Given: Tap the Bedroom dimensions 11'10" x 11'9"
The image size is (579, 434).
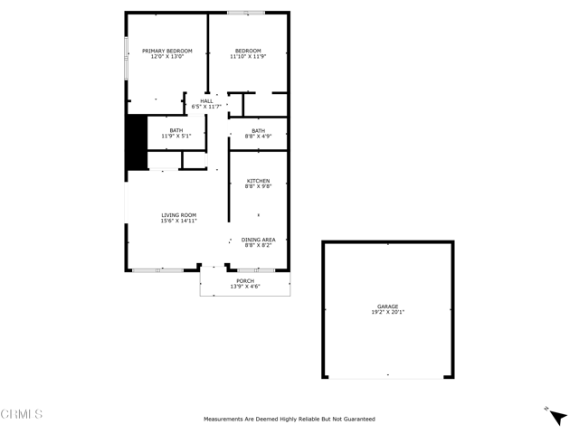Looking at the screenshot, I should (248, 57).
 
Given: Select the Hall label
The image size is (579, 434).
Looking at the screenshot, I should (206, 100).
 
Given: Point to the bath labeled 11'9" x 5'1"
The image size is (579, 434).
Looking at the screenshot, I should (176, 137).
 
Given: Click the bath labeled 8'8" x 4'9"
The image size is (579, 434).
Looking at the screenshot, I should (258, 131).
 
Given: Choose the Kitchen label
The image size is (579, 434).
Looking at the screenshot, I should (258, 181).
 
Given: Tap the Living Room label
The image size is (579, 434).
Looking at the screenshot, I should (178, 214).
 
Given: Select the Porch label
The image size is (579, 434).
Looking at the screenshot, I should (245, 280).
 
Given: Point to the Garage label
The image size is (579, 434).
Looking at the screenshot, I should (387, 306).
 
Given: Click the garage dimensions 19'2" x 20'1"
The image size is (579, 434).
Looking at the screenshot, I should (387, 312).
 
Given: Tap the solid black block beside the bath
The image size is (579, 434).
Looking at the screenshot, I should (137, 142).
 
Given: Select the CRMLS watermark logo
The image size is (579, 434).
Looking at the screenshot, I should (22, 414).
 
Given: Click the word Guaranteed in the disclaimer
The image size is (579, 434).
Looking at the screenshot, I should (358, 419).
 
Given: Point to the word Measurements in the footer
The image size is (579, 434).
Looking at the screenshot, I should (223, 419).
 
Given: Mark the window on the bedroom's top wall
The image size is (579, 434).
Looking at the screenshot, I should (246, 13).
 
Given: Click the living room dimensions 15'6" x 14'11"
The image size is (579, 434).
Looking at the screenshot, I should (178, 221).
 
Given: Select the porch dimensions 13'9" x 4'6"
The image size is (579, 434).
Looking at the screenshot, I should (245, 287).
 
